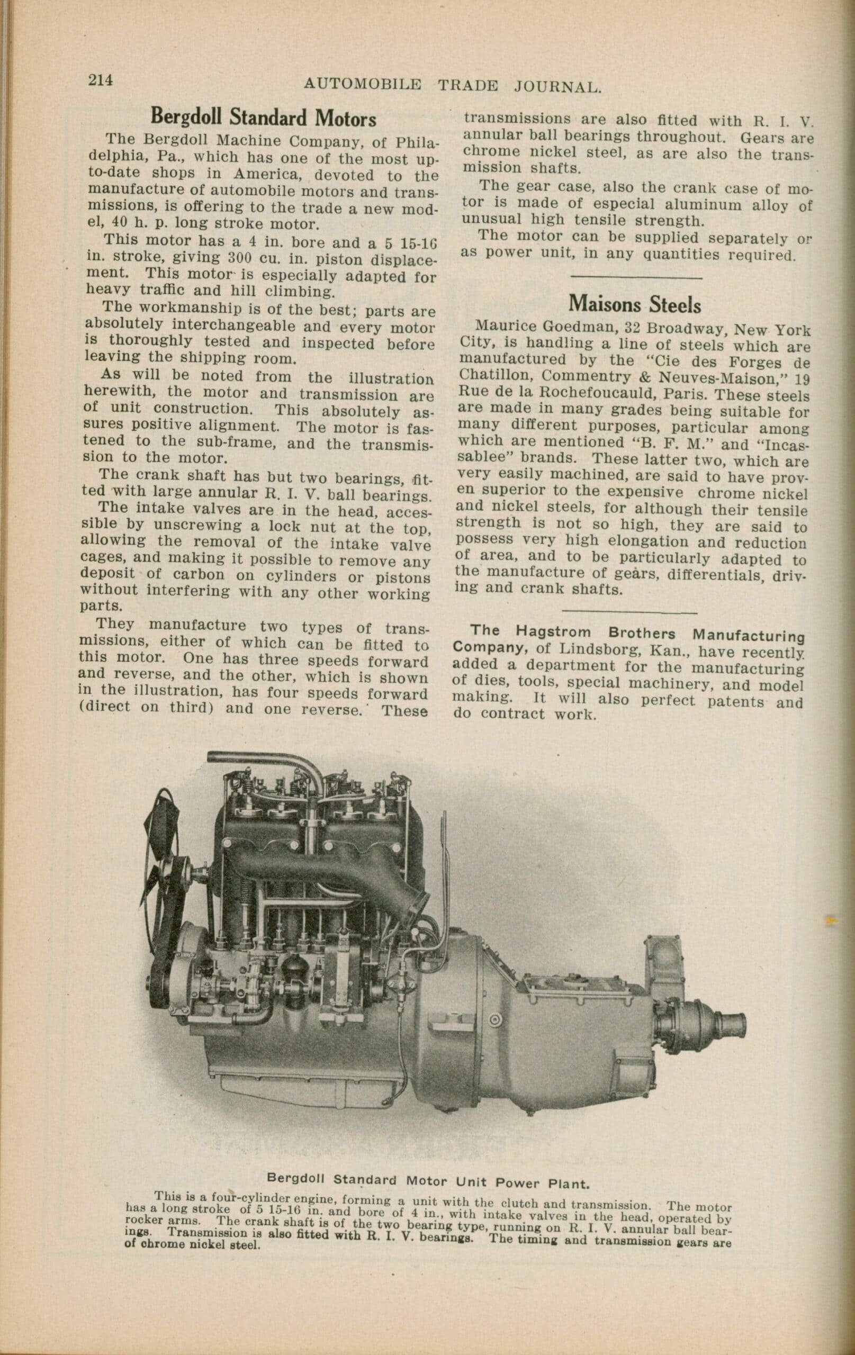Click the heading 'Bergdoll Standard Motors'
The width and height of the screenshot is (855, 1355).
pos(263,117)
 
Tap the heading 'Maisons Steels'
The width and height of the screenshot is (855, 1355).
pos(634,304)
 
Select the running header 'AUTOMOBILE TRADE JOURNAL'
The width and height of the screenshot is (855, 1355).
pos(453,86)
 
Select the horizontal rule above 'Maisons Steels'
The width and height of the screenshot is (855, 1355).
pos(636,277)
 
